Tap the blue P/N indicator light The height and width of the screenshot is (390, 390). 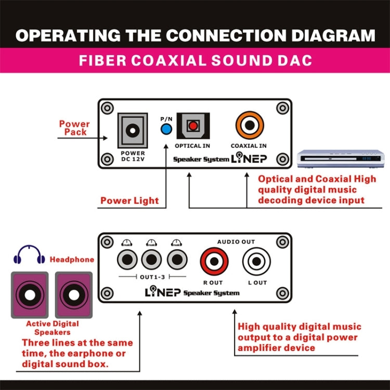[166, 129]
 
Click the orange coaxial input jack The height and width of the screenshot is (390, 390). [249, 125]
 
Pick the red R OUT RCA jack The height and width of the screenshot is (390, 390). [214, 261]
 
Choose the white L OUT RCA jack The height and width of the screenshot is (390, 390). [257, 261]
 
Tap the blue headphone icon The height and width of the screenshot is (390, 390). [29, 254]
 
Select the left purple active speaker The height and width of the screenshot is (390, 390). [30, 294]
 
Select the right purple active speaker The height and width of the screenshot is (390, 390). [74, 294]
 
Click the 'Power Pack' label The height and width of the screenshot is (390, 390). [74, 128]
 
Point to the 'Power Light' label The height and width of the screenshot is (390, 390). [129, 201]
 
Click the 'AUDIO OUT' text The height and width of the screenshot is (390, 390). [236, 242]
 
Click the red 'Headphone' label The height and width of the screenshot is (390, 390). [72, 259]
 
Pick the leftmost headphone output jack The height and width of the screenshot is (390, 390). [127, 258]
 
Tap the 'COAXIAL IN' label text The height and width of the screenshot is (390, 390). [249, 146]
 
